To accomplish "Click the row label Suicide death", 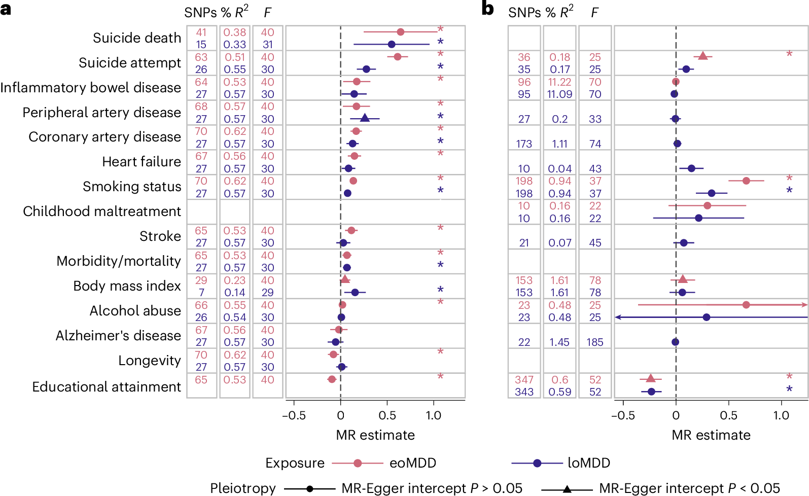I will click(x=136, y=38).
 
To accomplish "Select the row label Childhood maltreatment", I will click(x=101, y=211).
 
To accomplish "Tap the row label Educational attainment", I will click(x=106, y=387).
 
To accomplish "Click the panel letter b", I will click(x=487, y=9).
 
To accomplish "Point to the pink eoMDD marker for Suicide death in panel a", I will click(x=400, y=32).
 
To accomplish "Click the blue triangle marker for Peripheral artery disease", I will click(x=364, y=118).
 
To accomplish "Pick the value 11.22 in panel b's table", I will click(x=559, y=82).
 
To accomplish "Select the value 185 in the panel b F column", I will click(x=594, y=342).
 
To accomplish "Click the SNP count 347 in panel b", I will click(x=523, y=380).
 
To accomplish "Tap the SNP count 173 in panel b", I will click(x=523, y=144).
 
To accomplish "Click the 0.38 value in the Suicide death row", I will click(x=234, y=32).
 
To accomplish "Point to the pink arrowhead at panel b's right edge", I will click(x=804, y=305).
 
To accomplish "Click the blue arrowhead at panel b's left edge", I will click(x=618, y=317).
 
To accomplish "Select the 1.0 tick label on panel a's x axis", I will click(x=433, y=416).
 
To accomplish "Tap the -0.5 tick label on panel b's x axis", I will click(x=622, y=416).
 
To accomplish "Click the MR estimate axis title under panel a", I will click(x=375, y=435).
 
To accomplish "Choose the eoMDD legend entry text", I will click(x=412, y=463).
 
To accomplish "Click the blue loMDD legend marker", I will click(x=537, y=463).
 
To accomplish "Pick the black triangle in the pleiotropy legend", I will click(x=567, y=489).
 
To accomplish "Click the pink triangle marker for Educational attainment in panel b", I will click(x=650, y=378).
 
